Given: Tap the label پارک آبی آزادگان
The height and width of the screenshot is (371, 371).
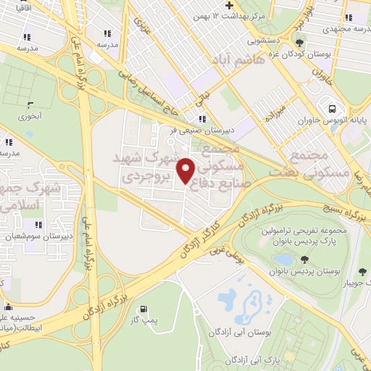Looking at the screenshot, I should coord(252,359).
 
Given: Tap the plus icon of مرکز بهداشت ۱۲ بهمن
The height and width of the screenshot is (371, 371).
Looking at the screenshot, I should coord(229,4).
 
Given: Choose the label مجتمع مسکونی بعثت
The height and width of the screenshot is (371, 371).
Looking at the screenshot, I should coord(309,164).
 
